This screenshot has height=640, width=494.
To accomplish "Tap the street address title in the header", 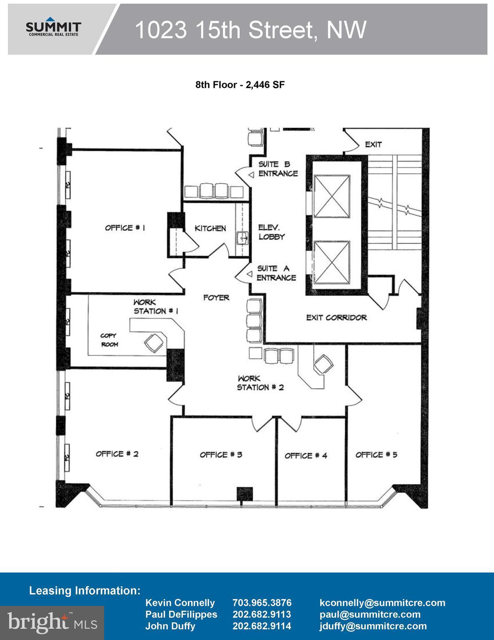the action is pos(250,30).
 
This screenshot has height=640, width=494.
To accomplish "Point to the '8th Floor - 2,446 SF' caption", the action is pos(240,85).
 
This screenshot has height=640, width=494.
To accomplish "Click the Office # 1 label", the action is pos(125,227).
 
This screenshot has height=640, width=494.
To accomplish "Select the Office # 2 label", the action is pos(117,454).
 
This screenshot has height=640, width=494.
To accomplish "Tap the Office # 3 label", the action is pos(221,455).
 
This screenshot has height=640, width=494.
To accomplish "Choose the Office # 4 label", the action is pos(306,456).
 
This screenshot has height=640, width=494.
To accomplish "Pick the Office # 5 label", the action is pos(376,455).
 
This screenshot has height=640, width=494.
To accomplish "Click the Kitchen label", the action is pos(210,228).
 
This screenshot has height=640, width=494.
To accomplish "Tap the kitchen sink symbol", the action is pos(242,238).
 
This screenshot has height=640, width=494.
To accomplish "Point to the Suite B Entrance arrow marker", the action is pos(251,175).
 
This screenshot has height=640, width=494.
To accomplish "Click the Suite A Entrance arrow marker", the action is pos(249,274).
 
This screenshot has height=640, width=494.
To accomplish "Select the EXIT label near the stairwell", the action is pos(373,144).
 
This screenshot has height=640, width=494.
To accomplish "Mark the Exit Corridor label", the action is pos(337,317).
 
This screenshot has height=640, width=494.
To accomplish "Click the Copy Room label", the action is pos(110,340).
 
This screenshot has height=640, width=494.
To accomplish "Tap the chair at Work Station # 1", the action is pos(154,342).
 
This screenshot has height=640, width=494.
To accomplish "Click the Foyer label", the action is pos(216,297).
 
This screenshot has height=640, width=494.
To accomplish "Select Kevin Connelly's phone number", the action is pos(262,603).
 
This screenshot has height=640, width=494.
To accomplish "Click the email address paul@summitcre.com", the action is pos(370,615).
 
